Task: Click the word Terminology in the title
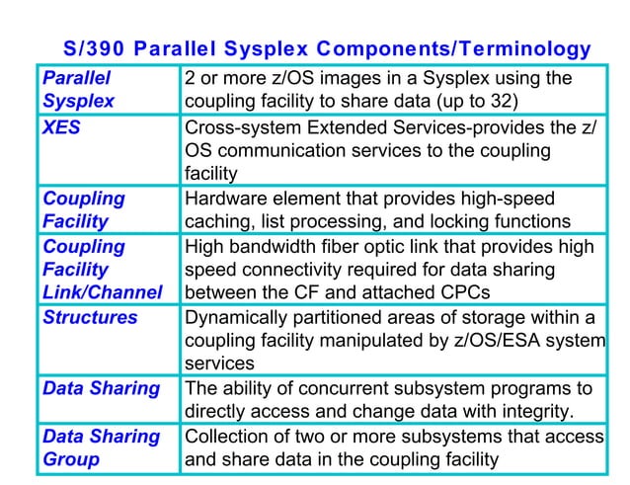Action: tap(525, 48)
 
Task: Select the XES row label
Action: tap(61, 126)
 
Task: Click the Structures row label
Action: tap(90, 317)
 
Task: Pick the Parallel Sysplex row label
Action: tap(78, 89)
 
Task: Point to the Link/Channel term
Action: tap(103, 292)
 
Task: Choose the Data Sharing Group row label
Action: tap(101, 447)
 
